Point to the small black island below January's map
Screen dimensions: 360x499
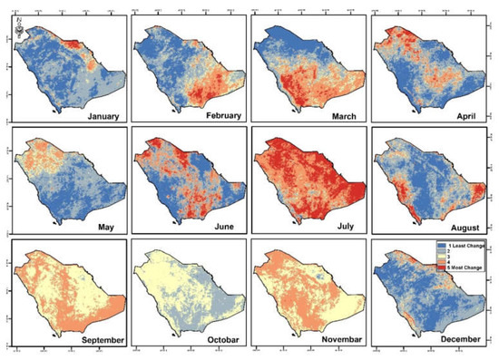click(57, 110)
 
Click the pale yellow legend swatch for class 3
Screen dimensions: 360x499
click(442, 259)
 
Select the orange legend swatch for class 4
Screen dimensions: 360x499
click(442, 267)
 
